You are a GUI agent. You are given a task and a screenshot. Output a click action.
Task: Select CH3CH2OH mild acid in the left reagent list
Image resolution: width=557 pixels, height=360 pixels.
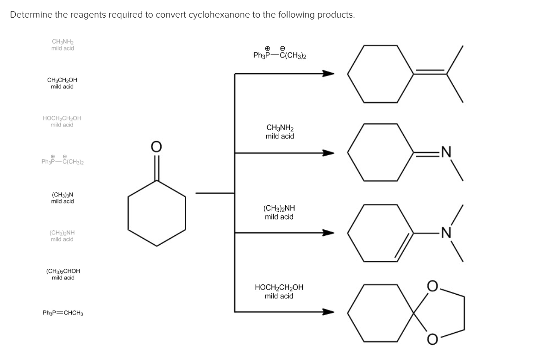(x=62, y=83)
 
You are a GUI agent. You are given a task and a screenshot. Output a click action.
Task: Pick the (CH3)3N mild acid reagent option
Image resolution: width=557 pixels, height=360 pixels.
(x=62, y=198)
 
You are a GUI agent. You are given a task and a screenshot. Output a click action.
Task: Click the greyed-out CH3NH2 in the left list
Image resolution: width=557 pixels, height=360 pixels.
(x=62, y=45)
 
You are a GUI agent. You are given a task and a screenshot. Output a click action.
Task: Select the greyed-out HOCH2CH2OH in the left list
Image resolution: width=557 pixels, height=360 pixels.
(x=62, y=121)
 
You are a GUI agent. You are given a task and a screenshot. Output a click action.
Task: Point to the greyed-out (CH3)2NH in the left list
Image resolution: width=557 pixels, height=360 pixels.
(x=62, y=236)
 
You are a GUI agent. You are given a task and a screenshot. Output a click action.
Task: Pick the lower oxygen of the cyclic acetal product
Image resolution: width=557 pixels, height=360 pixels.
(x=432, y=341)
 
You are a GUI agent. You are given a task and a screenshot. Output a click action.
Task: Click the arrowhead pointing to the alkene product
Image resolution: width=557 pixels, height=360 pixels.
(x=328, y=73)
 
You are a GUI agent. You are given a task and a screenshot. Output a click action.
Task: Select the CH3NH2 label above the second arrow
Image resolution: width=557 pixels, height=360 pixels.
(x=280, y=132)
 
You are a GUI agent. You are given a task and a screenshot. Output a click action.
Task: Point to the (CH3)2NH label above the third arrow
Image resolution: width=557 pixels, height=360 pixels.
(x=279, y=212)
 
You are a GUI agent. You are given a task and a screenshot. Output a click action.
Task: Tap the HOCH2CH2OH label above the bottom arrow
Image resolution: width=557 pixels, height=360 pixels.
(x=279, y=291)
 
